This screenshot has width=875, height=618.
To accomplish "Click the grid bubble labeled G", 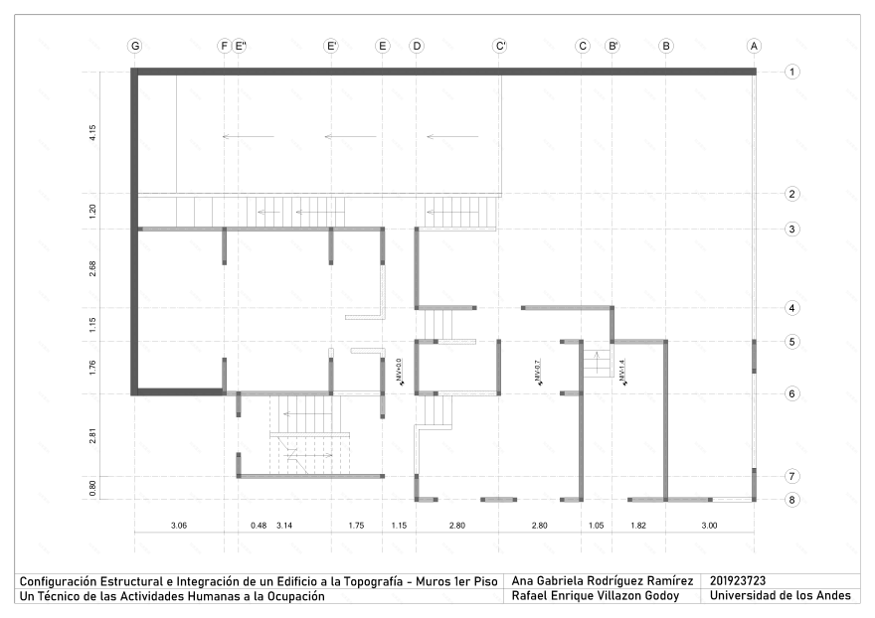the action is [x=135, y=46].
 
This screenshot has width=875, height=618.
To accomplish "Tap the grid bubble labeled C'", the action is [x=500, y=46].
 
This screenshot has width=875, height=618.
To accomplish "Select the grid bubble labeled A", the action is [x=754, y=46].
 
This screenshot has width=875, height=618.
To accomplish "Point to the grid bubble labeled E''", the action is [x=240, y=46].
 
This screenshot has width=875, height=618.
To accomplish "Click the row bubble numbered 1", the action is [x=791, y=72].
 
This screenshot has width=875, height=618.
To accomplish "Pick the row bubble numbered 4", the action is [x=791, y=308].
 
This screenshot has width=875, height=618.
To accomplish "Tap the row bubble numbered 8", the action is [x=791, y=500].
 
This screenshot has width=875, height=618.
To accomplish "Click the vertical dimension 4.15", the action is [x=92, y=133].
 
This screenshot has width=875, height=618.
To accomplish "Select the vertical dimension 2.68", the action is [x=92, y=268].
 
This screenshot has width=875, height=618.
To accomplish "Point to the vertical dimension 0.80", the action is [x=92, y=488].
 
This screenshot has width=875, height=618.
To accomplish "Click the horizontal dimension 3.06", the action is [x=179, y=526].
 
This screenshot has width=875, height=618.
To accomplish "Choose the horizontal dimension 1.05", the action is [x=596, y=526].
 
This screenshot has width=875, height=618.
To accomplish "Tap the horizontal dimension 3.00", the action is [x=709, y=526].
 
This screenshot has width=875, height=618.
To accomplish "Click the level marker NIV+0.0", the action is [x=399, y=372].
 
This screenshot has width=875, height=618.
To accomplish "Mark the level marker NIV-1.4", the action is [x=622, y=372].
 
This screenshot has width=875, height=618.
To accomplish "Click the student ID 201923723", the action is [x=738, y=581].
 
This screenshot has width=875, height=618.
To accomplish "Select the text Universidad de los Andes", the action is [x=781, y=596].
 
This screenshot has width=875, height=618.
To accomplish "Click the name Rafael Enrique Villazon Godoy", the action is [x=596, y=596].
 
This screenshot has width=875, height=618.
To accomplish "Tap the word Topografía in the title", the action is [x=373, y=582].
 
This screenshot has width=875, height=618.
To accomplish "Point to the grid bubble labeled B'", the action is [x=612, y=46].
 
